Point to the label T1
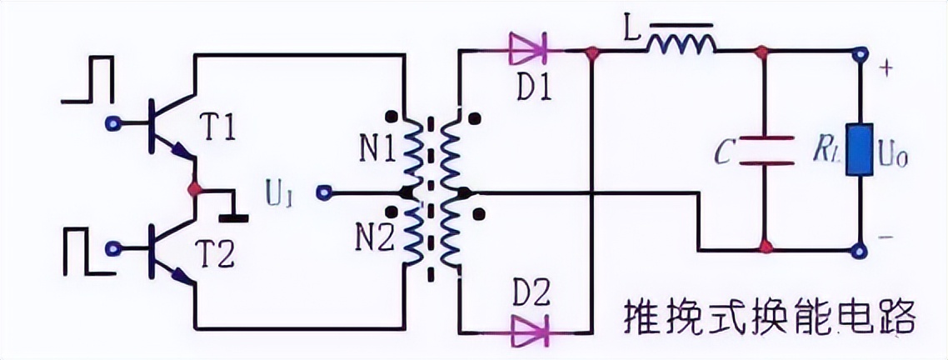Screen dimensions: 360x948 point(218,127)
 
